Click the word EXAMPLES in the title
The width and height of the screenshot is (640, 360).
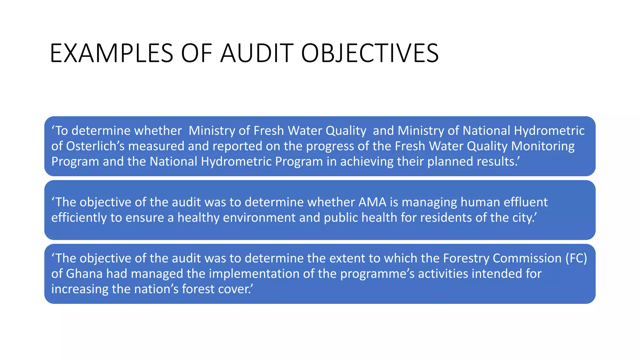[x=111, y=53]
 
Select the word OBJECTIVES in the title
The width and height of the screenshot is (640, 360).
[x=370, y=53]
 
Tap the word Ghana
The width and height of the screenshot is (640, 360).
[x=84, y=274]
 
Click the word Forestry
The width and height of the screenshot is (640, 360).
[x=466, y=258]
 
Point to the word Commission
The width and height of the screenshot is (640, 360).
[x=527, y=258]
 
